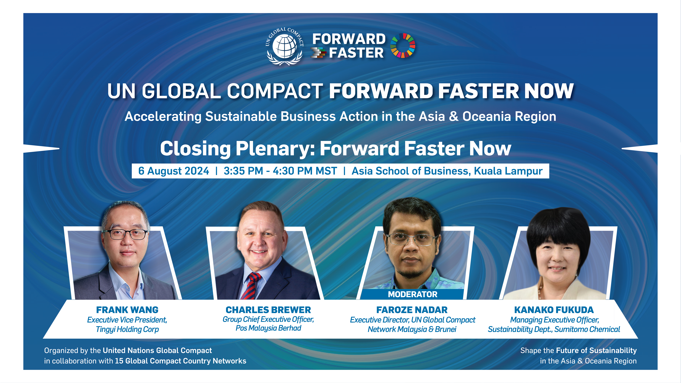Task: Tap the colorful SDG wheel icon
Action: click(403, 45)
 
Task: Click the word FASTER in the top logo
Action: click(356, 53)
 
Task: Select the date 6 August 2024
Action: click(174, 171)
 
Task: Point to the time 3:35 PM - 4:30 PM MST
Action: click(280, 171)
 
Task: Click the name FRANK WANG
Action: click(127, 310)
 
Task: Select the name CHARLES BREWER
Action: click(268, 310)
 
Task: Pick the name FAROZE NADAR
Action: click(412, 310)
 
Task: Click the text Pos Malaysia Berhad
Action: click(268, 328)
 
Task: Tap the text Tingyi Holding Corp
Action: click(127, 329)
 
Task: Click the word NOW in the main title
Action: click(549, 91)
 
